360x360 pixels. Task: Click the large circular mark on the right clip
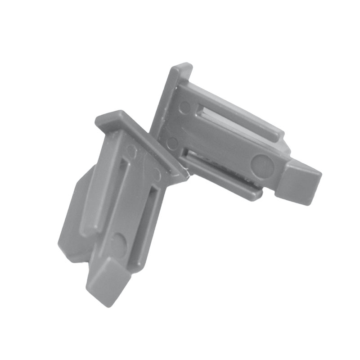click(262, 166)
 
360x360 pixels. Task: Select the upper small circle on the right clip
click(184, 107)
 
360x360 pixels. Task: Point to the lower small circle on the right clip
click(172, 143)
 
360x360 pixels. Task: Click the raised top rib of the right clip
click(234, 108)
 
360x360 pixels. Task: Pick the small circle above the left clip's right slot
click(156, 173)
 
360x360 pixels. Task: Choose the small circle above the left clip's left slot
click(131, 150)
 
